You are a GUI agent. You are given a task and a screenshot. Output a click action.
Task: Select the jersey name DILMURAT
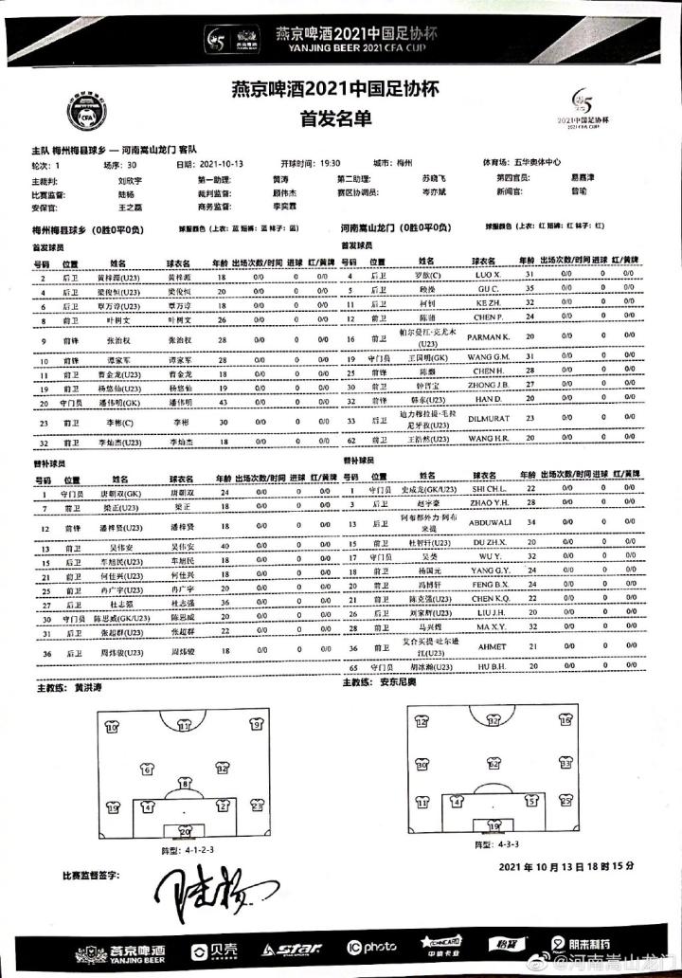click(x=489, y=418)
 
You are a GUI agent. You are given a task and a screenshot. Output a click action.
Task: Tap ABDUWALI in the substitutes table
click(x=489, y=523)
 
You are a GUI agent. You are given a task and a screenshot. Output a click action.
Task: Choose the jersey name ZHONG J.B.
click(x=490, y=387)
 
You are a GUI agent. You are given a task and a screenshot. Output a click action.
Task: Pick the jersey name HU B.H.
click(x=489, y=668)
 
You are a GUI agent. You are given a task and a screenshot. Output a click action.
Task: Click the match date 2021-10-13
click(x=221, y=163)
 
